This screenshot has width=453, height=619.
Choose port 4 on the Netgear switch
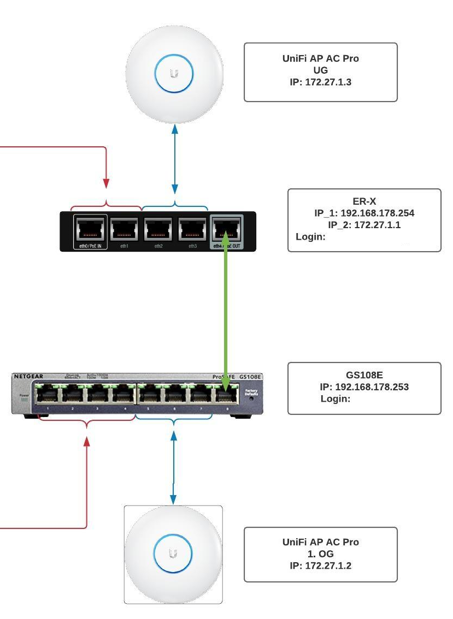[122, 393]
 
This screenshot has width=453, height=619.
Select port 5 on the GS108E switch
[149, 393]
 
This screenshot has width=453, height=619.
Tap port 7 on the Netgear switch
[199, 393]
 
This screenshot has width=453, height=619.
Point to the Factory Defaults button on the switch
[251, 398]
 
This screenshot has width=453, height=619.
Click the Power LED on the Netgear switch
[23, 399]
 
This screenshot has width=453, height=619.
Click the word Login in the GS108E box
[335, 399]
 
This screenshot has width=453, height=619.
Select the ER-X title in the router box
[364, 202]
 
